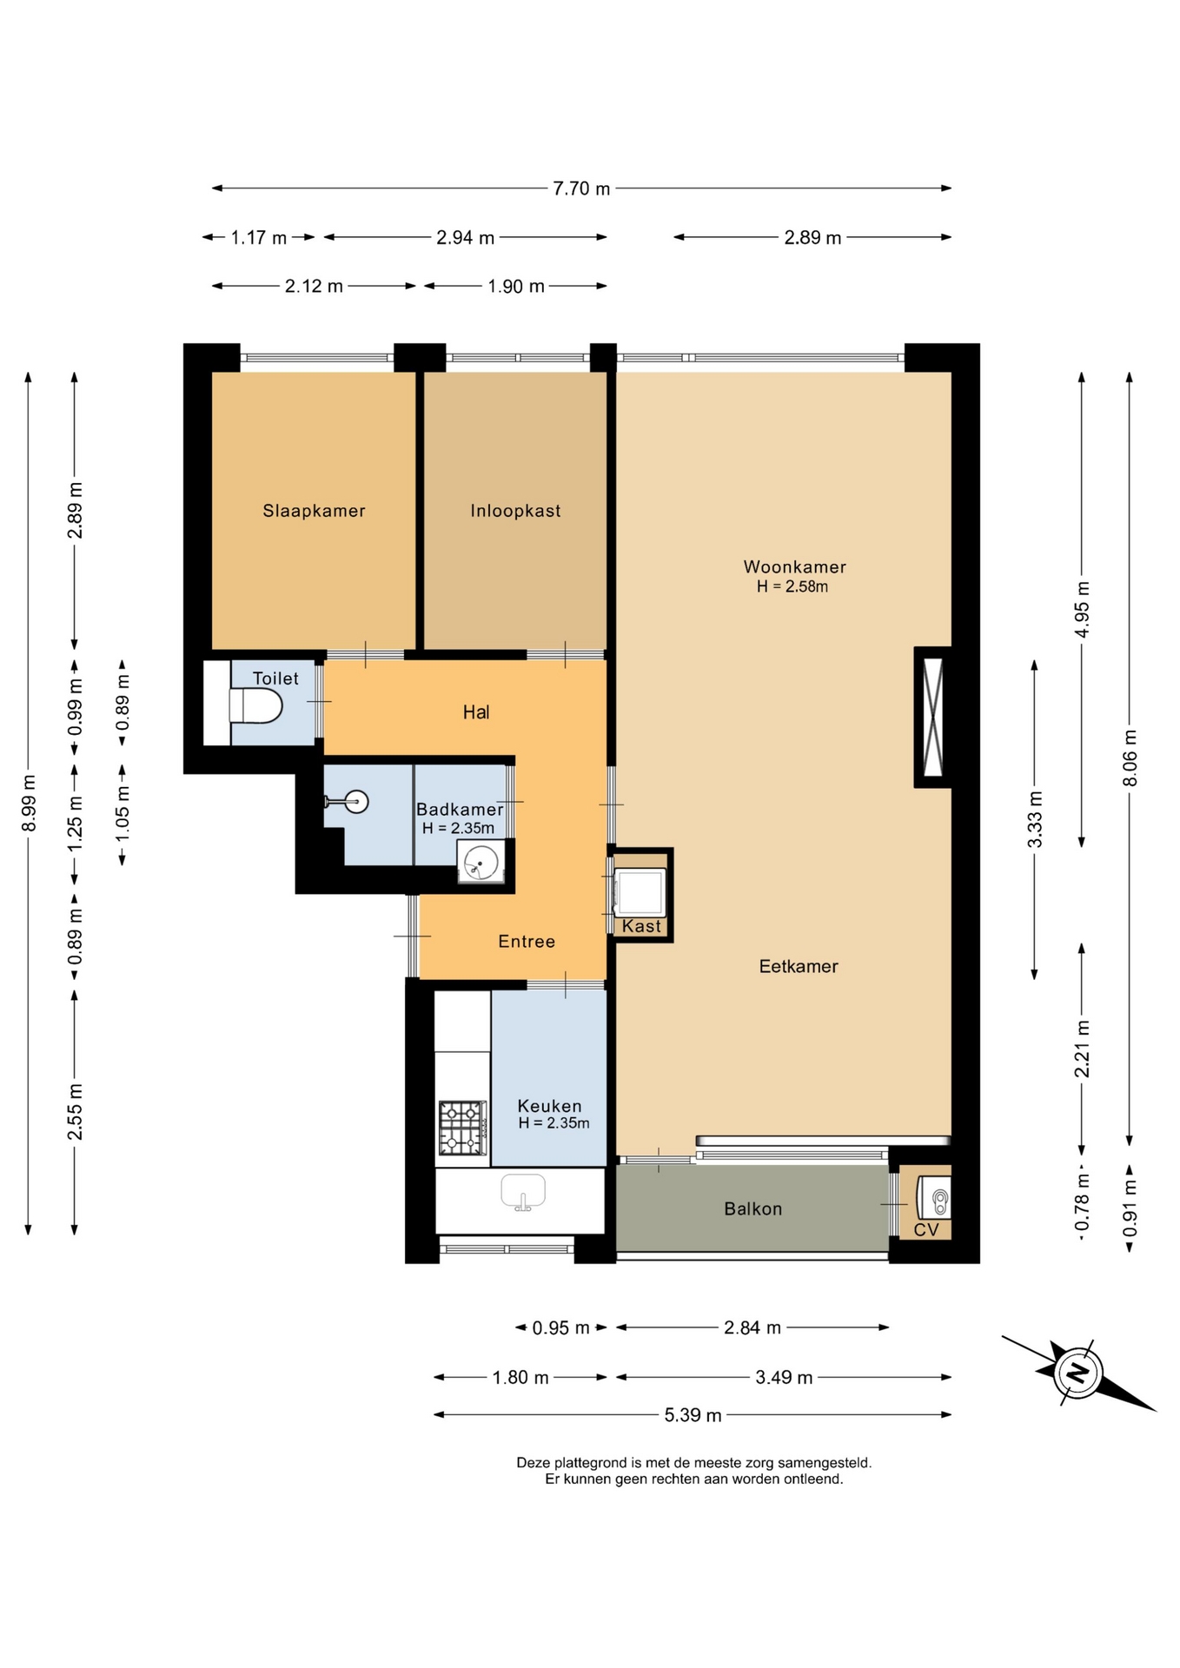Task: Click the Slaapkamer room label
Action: pyautogui.click(x=314, y=511)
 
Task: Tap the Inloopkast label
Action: pyautogui.click(x=515, y=511)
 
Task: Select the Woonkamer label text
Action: pyautogui.click(x=794, y=566)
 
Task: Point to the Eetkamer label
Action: pyautogui.click(x=798, y=966)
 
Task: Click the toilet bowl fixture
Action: pyautogui.click(x=255, y=706)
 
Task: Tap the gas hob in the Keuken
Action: pyautogui.click(x=461, y=1128)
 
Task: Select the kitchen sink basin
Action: pyautogui.click(x=523, y=1192)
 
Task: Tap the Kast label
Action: pyautogui.click(x=641, y=926)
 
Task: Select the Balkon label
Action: pyautogui.click(x=752, y=1208)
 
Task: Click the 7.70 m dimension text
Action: pyautogui.click(x=581, y=189)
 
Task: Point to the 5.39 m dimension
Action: pyautogui.click(x=693, y=1415)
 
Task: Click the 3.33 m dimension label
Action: pyautogui.click(x=1035, y=819)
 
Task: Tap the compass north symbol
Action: pyautogui.click(x=1077, y=1373)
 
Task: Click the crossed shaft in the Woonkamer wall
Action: pyautogui.click(x=932, y=718)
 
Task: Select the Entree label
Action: pyautogui.click(x=527, y=941)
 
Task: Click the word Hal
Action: pyautogui.click(x=476, y=712)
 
